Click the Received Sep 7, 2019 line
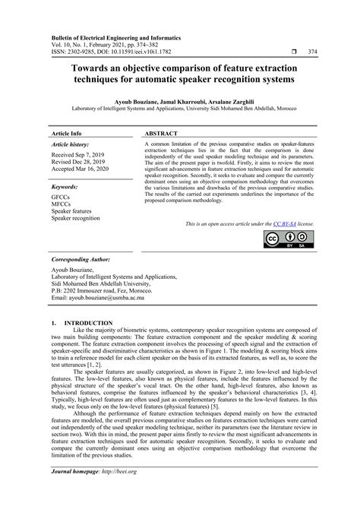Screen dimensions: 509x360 (x=79, y=153)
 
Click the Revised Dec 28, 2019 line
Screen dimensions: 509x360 (x=78, y=161)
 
